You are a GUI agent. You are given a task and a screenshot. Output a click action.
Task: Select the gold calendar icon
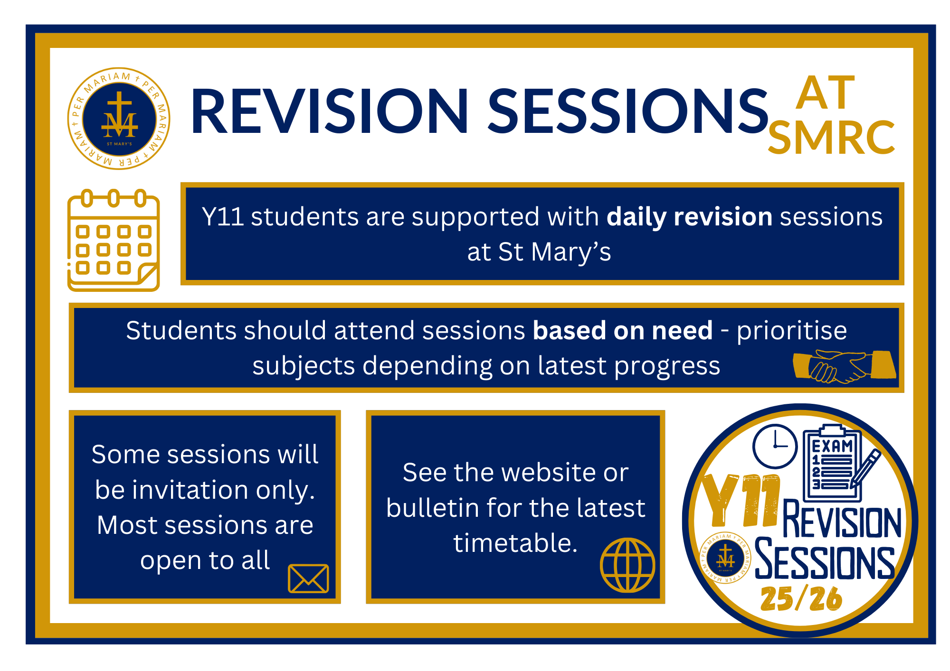[x=114, y=240]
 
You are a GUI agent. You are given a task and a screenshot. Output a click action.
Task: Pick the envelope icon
[x=308, y=578]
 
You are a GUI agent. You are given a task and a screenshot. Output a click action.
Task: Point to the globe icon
[x=627, y=565]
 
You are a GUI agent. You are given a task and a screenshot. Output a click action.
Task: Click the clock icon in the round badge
[x=775, y=446]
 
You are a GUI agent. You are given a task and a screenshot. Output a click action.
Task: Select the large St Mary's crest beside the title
[x=119, y=118]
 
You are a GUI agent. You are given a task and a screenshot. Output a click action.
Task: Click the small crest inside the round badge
[x=725, y=558]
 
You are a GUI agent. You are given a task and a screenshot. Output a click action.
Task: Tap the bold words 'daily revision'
[x=690, y=217]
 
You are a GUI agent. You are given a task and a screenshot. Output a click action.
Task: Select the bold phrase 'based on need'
[x=623, y=330]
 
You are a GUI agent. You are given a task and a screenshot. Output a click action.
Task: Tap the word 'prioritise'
[x=792, y=331]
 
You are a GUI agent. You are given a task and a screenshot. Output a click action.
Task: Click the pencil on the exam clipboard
[x=865, y=468]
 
